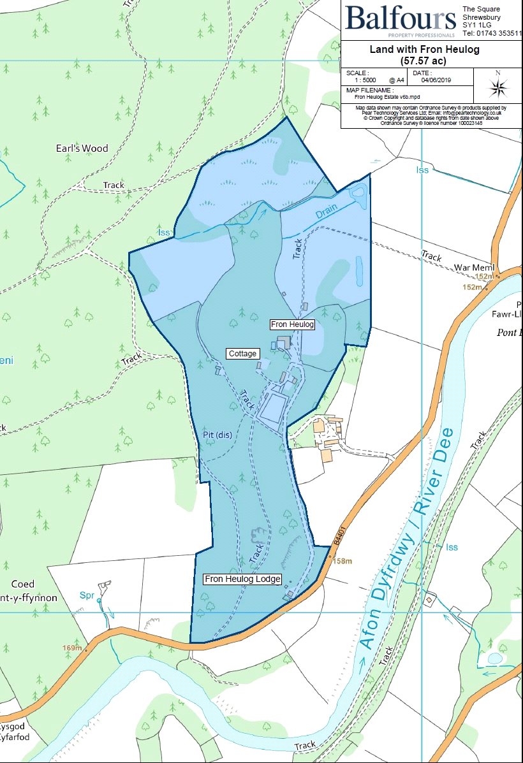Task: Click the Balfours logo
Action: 401,18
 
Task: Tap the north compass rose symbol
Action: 498,86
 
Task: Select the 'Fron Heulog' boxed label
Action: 293,324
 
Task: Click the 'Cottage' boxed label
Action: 242,353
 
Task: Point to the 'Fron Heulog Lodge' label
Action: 242,579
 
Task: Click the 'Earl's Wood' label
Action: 82,149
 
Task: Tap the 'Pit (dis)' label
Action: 216,435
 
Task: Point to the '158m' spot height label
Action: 343,562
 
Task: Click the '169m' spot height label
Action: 72,648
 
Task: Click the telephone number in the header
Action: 491,33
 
